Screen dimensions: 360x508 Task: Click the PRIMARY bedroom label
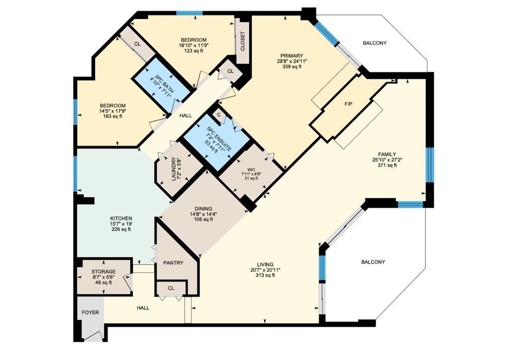(291, 56)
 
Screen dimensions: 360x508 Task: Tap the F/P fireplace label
(349, 106)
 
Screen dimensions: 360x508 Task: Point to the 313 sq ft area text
(266, 275)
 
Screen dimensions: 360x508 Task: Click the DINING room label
(203, 208)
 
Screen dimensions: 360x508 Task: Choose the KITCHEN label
(121, 218)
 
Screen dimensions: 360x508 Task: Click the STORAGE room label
(103, 272)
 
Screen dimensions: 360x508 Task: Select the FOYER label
(90, 313)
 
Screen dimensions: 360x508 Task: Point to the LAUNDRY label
(174, 169)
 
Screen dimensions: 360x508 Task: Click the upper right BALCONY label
(375, 43)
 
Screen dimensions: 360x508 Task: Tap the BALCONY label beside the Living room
(373, 262)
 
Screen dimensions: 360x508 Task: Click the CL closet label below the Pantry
(171, 288)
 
